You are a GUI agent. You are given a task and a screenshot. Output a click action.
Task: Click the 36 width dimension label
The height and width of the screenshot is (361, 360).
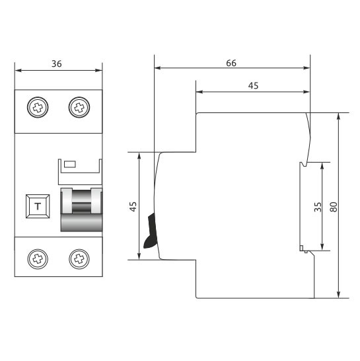coord(57,63)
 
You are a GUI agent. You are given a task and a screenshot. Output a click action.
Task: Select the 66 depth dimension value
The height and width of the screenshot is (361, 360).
coord(231,63)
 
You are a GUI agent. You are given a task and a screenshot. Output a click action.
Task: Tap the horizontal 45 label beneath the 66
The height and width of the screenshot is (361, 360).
coord(252,85)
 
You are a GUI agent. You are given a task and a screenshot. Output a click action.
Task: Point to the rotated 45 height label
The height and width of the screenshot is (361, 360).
coord(133,206)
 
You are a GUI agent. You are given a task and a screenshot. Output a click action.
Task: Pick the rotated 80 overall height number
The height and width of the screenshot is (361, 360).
coord(334,206)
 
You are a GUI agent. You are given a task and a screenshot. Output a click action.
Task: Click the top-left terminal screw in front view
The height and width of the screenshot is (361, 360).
coord(37,106)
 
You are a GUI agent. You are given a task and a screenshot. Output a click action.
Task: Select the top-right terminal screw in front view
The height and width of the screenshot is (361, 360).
coord(79,106)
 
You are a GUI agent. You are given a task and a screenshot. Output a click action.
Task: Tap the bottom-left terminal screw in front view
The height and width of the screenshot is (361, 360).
coord(37,258)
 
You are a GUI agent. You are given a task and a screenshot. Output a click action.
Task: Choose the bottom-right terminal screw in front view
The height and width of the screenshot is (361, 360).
coord(79,258)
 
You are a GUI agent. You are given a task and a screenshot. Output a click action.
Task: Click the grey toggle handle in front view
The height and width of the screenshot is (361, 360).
coord(82,209)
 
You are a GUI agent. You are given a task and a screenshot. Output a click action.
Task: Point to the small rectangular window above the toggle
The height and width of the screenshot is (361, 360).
coord(69,163)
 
